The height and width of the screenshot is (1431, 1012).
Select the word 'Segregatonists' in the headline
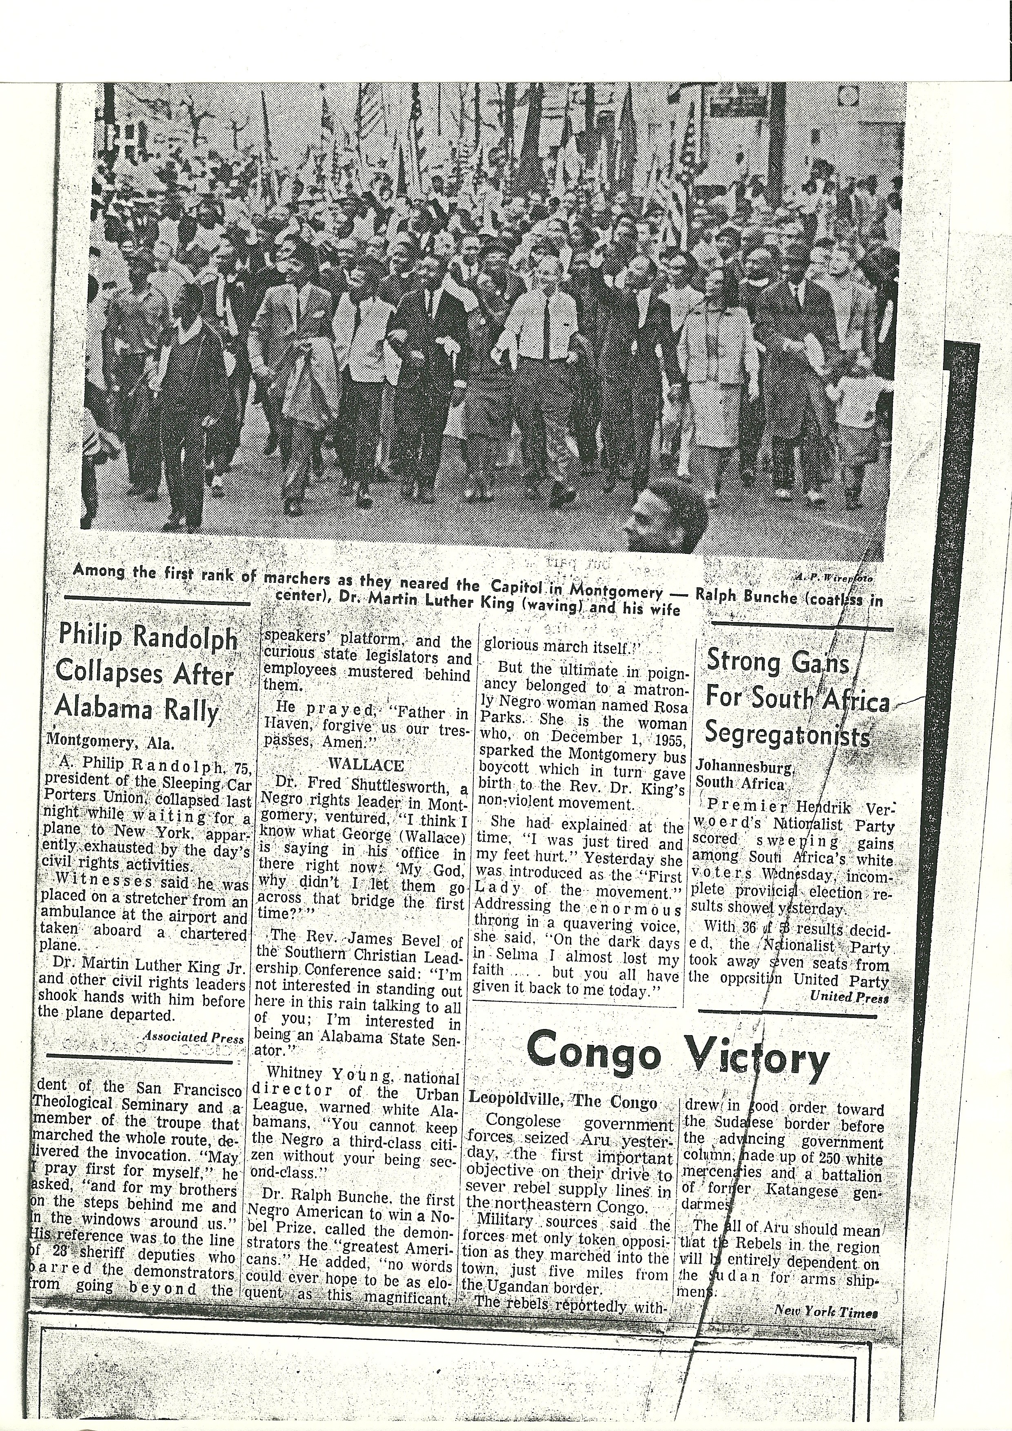pyautogui.click(x=788, y=737)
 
